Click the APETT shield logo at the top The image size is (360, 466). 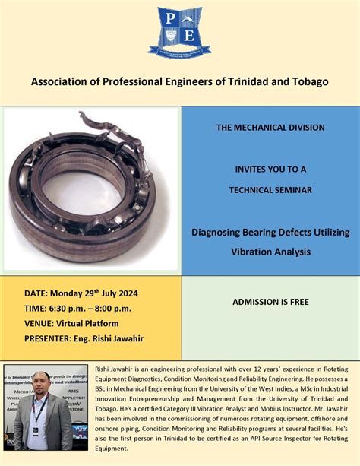(180, 31)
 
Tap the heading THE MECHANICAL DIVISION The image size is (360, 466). (270, 128)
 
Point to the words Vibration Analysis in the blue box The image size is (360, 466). (270, 252)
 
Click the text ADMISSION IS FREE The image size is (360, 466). (270, 302)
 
